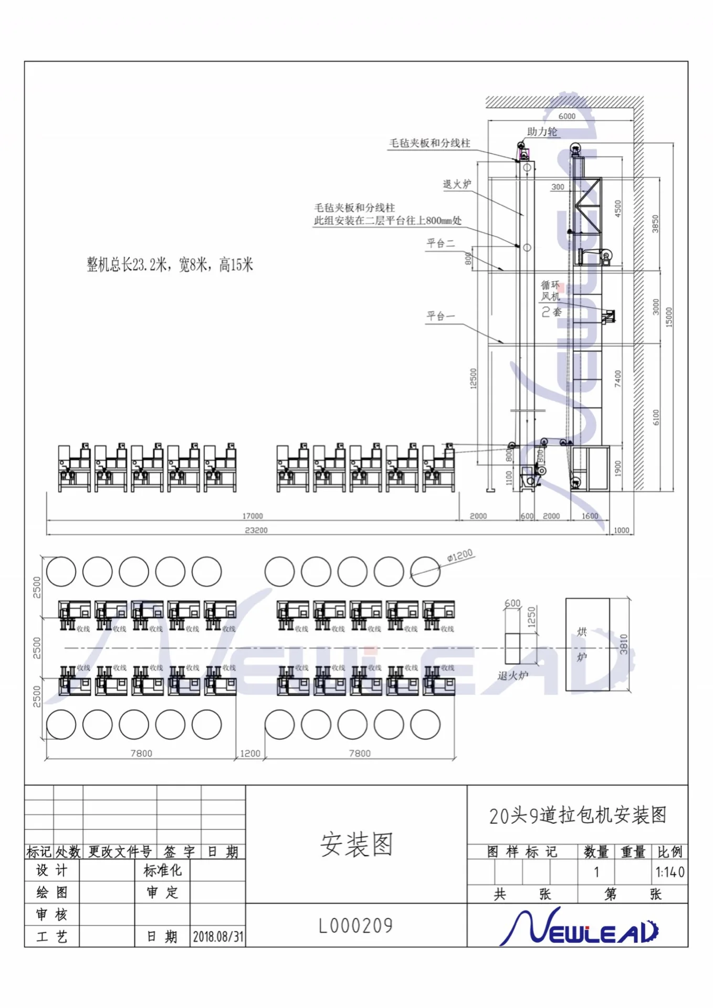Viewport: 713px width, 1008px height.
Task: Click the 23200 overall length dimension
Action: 256,530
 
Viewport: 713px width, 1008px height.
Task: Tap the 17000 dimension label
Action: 253,516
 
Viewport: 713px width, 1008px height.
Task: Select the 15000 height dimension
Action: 669,317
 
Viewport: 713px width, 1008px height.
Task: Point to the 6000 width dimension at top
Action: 567,116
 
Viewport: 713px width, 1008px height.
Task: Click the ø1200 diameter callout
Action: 460,555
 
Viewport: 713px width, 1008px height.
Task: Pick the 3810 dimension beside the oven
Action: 624,644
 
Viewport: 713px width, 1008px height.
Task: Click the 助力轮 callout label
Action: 542,131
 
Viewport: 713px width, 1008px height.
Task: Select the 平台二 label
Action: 441,243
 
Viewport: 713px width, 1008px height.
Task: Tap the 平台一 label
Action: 441,316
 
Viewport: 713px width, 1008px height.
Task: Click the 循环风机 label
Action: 551,291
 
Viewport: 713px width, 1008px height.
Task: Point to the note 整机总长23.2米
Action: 170,265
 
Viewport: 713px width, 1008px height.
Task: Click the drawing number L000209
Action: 356,926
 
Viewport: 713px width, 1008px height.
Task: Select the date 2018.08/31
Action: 218,937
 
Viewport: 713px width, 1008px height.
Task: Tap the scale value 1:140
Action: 669,873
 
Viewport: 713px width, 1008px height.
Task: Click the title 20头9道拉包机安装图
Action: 578,815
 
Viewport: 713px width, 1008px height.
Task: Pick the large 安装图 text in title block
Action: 356,844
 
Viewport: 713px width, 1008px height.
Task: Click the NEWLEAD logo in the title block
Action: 578,927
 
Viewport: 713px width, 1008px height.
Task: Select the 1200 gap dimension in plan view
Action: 250,753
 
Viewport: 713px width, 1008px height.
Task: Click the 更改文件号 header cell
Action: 120,852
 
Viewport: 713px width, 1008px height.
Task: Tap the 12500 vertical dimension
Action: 474,379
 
